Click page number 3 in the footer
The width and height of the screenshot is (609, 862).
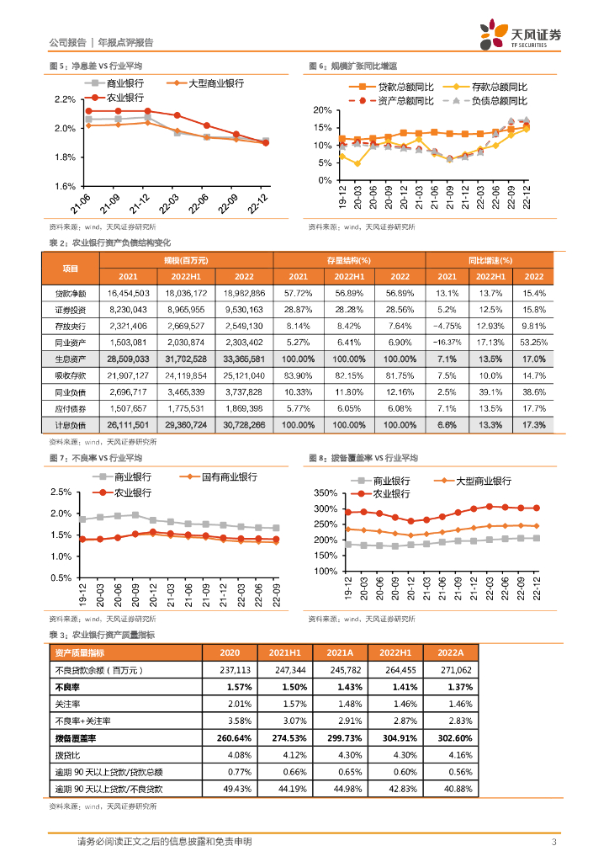tap(553, 842)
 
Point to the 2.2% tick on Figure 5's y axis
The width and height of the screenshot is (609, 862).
tap(65, 99)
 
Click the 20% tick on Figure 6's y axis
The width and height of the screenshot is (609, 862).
tap(321, 110)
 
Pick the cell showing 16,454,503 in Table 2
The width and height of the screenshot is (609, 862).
tap(129, 293)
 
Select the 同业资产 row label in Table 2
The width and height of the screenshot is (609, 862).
tap(71, 342)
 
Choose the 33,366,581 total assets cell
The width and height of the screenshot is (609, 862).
tap(243, 359)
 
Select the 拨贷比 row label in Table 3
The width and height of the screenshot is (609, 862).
tap(66, 754)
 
